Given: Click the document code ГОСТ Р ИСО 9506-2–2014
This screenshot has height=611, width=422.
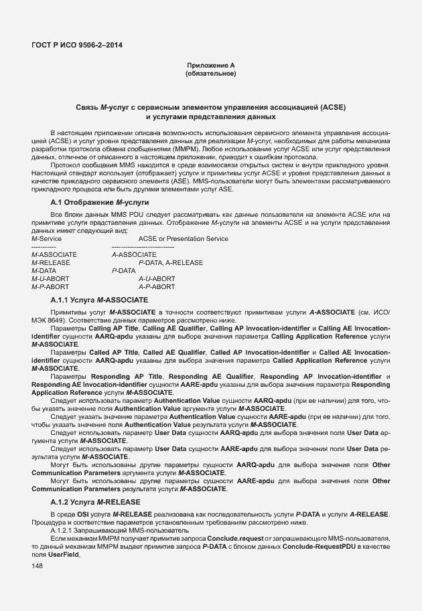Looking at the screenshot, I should tap(77, 46).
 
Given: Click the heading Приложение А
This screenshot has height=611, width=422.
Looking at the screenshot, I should tap(211, 65).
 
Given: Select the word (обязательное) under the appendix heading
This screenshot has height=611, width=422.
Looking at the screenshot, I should tap(211, 73).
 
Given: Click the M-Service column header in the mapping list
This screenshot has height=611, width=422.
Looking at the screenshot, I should tap(47, 239).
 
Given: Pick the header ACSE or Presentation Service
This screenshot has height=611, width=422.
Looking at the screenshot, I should tap(183, 239).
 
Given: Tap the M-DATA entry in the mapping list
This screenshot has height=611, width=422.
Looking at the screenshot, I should tap(44, 271).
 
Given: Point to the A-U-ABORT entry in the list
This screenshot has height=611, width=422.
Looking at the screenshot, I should tap(157, 279).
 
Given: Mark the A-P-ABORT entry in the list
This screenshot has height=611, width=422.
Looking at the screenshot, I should tap(157, 287).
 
